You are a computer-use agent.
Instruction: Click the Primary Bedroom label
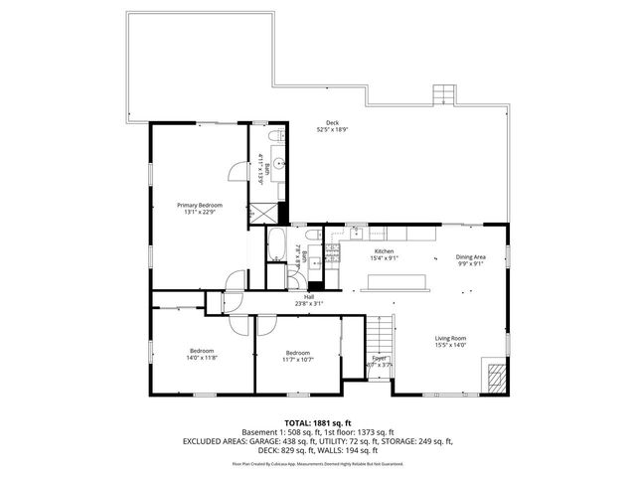point(201,205)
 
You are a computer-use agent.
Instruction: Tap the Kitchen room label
point(385,251)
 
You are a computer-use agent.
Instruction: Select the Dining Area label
point(471,256)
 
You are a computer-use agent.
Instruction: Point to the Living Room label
point(450,339)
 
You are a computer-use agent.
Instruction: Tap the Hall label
point(309,297)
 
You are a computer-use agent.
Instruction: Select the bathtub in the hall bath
point(276,243)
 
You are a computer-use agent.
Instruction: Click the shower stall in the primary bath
point(265,212)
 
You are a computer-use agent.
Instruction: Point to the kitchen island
point(397,283)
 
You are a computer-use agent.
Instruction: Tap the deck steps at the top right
point(444,95)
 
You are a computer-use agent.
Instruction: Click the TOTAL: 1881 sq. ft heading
point(318,422)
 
